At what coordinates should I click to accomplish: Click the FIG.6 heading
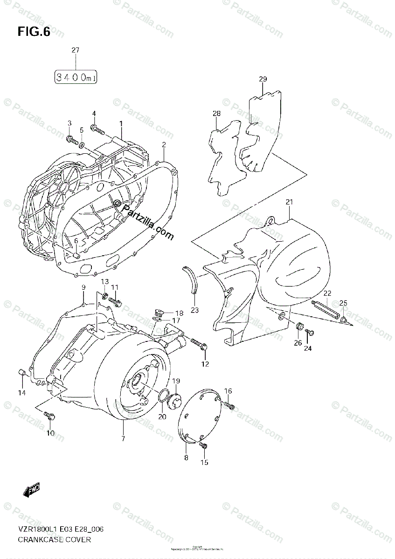tap(34, 32)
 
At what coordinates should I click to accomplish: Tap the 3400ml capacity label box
tap(76, 77)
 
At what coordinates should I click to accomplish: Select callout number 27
tap(76, 50)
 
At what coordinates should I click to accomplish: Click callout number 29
tap(263, 79)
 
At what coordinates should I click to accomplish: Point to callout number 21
tap(289, 202)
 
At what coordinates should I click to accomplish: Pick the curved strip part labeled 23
tap(191, 280)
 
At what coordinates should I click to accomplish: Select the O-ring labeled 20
tap(162, 395)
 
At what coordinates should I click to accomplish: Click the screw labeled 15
tap(203, 446)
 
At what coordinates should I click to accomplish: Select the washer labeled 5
tap(82, 146)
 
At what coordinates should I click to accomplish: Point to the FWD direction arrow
tap(31, 489)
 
